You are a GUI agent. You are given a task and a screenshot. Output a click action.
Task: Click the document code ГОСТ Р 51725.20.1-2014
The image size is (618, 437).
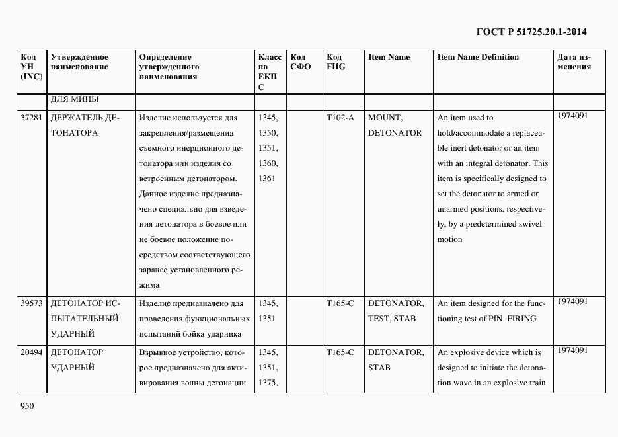click(531, 31)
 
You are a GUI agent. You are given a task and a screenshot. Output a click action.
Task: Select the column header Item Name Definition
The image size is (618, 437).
click(478, 57)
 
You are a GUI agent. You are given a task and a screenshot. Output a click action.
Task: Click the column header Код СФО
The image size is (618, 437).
click(300, 62)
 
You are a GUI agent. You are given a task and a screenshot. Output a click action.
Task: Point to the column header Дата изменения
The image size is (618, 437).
click(574, 62)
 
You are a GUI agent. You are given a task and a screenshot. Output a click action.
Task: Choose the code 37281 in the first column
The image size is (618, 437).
click(32, 118)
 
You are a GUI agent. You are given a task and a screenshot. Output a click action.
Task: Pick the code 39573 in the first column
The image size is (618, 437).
click(32, 303)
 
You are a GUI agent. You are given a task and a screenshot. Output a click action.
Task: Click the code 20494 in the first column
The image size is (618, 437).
click(32, 352)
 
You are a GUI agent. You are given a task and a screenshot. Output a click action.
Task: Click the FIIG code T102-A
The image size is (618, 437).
click(340, 118)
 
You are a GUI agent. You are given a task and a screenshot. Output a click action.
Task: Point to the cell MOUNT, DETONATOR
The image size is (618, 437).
click(395, 125)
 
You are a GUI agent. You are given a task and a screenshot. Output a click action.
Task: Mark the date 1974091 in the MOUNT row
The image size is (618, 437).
click(572, 116)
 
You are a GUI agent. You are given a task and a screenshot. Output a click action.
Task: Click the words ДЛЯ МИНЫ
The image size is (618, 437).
click(75, 100)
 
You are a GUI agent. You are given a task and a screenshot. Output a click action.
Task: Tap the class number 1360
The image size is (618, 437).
click(268, 163)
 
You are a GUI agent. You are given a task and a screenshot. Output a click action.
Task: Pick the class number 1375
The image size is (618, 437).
click(268, 383)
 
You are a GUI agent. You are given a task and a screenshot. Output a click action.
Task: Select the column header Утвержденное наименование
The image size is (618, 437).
click(79, 62)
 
